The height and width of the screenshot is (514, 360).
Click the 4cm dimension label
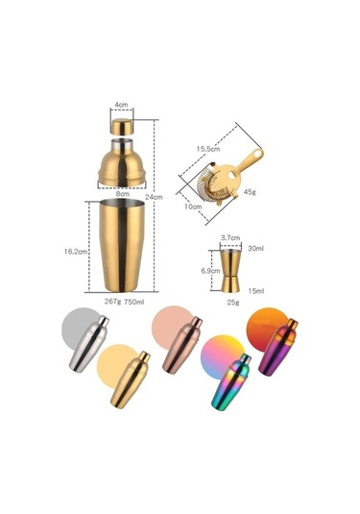[x=121, y=105]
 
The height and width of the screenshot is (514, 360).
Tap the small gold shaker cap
[x=122, y=126]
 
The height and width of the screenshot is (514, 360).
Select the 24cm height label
[x=154, y=197]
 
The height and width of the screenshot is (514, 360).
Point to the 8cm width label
[x=122, y=194]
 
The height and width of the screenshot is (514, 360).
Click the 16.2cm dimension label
[x=76, y=252]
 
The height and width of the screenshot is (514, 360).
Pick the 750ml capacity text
[x=134, y=302]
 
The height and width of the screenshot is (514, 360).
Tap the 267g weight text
[x=113, y=302]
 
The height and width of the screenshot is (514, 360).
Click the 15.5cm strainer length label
[x=208, y=149]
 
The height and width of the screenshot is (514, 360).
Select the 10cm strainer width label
[x=193, y=207]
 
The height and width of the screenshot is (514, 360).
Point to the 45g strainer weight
[x=250, y=192]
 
